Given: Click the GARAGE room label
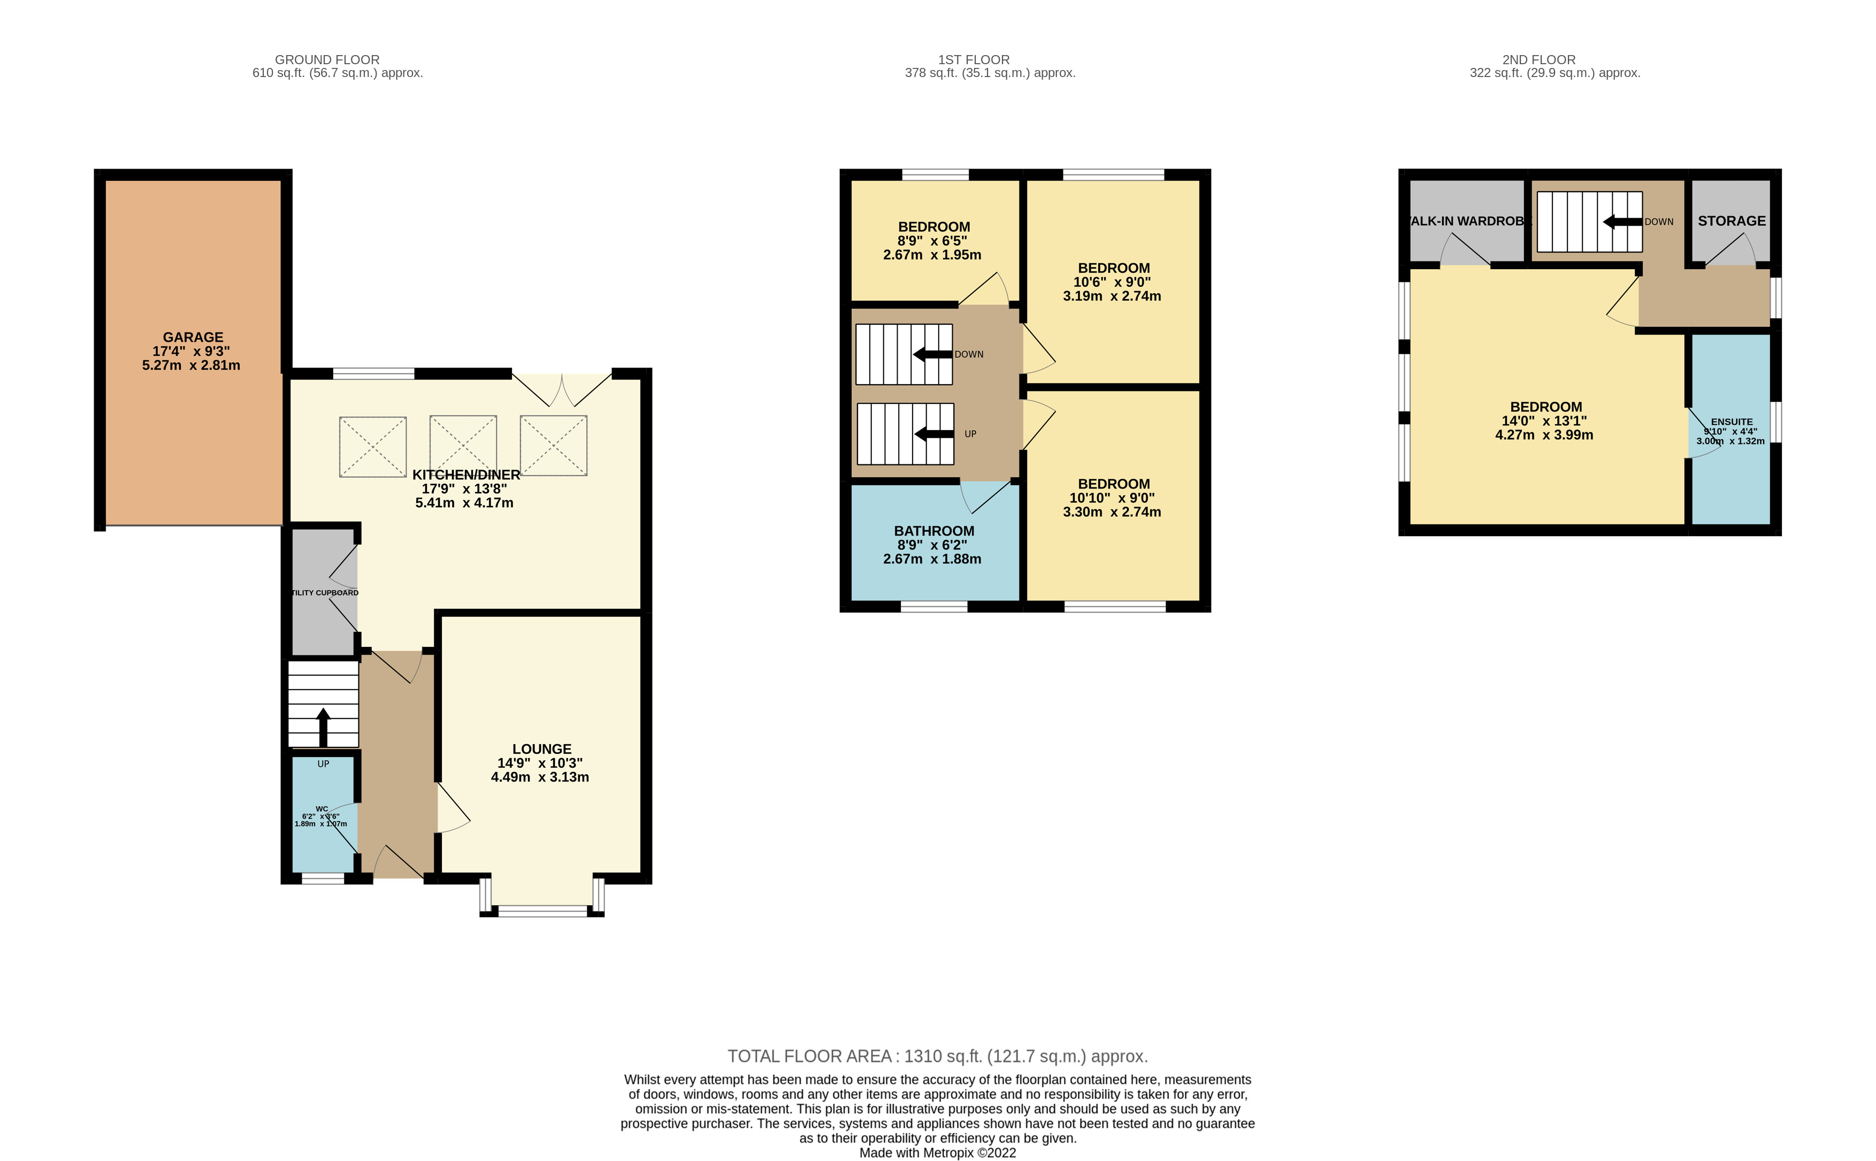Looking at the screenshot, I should pyautogui.click(x=193, y=337).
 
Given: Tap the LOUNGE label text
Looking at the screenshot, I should pyautogui.click(x=541, y=748).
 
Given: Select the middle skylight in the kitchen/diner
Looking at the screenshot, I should pyautogui.click(x=463, y=446).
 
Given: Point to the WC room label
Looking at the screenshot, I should pyautogui.click(x=321, y=808).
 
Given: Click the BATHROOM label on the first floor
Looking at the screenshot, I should pyautogui.click(x=933, y=531).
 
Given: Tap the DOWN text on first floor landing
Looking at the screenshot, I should pyautogui.click(x=969, y=355).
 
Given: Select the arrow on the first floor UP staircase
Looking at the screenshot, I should pyautogui.click(x=933, y=434).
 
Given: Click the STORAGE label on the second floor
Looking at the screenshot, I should pyautogui.click(x=1732, y=221).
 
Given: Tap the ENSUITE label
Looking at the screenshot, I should pyautogui.click(x=1732, y=422).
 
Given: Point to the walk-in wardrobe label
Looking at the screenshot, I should pyautogui.click(x=1468, y=221).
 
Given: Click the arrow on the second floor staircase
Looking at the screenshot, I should pyautogui.click(x=1622, y=222).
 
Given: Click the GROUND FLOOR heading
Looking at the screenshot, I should pyautogui.click(x=327, y=60).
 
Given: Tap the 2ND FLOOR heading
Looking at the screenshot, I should pyautogui.click(x=1538, y=60).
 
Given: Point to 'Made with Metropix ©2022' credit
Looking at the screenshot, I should pyautogui.click(x=937, y=1152).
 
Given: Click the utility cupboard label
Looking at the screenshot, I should pyautogui.click(x=325, y=593).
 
